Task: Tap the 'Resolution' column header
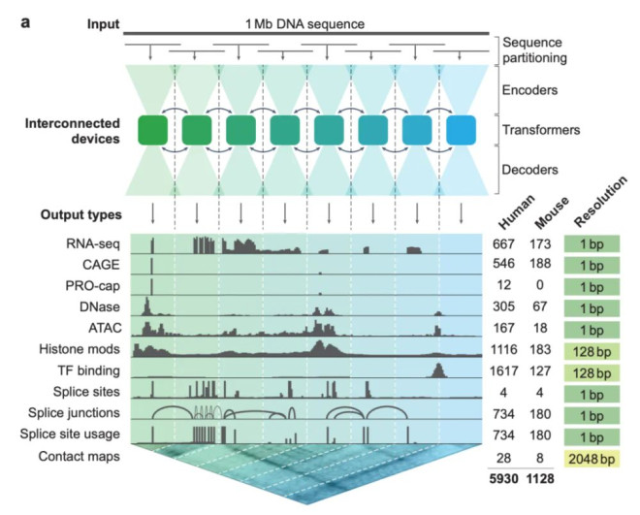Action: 590,215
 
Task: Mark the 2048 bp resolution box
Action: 591,455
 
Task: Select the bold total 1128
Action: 543,476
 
